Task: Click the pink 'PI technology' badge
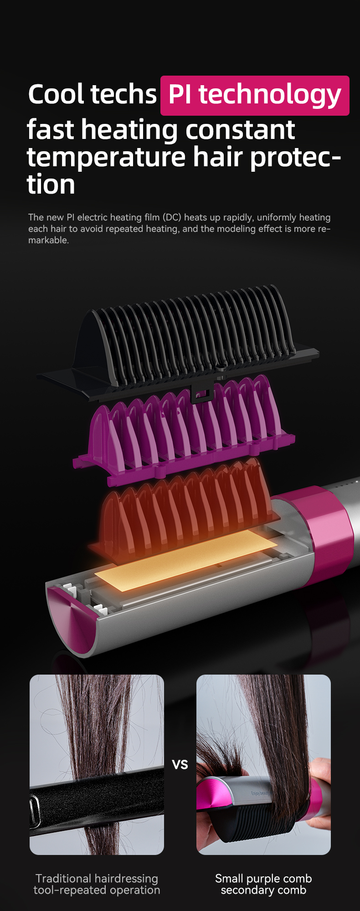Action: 255,95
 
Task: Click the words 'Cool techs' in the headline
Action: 92,94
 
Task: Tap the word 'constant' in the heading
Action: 240,130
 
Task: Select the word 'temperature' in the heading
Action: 106,158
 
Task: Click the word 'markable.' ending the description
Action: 48,240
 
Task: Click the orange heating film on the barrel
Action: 186,560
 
